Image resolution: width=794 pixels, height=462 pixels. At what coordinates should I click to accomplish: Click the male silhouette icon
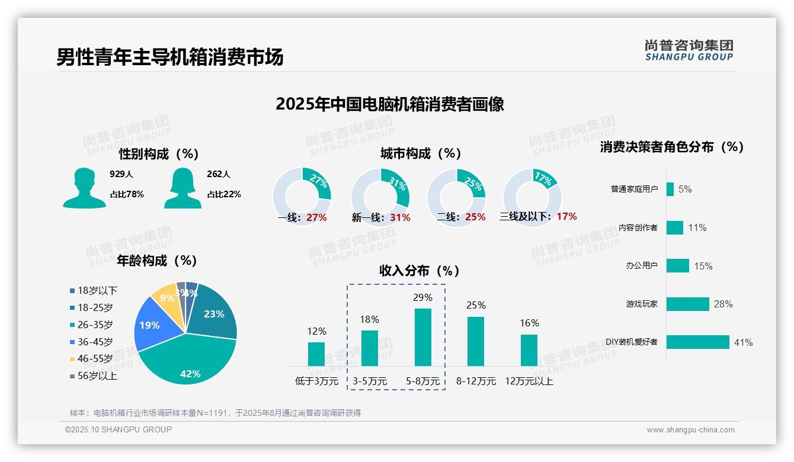click(84, 188)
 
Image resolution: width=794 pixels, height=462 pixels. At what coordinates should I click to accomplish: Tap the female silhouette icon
click(183, 188)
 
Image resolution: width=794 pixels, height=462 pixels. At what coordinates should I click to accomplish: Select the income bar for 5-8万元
click(422, 337)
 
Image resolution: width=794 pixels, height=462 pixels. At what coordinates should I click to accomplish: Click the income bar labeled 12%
click(316, 354)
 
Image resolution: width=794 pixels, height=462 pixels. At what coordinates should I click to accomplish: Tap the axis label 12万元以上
click(529, 381)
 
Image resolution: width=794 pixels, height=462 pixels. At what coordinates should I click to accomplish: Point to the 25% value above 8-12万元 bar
click(476, 305)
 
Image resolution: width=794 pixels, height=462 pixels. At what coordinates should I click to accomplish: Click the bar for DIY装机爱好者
click(697, 342)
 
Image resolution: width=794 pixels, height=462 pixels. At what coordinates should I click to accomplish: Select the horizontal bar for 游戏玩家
click(687, 304)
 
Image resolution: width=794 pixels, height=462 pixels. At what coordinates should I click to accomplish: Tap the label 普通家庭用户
click(634, 190)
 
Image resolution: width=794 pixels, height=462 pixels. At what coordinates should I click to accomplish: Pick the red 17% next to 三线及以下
click(566, 216)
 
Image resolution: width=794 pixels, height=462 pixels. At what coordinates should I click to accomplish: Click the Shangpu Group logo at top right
click(689, 50)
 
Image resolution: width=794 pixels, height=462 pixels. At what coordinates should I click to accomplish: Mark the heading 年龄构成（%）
click(156, 261)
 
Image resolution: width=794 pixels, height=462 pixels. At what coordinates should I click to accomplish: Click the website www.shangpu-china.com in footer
click(690, 430)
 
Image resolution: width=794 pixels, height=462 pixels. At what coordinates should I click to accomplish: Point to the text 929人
click(121, 174)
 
